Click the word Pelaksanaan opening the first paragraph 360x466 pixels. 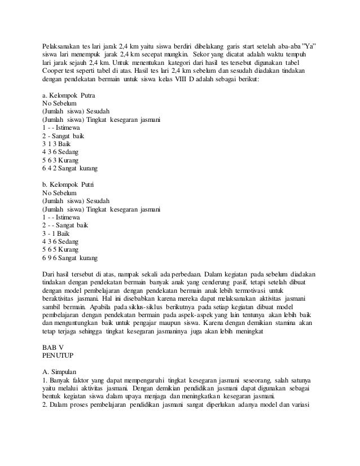coord(62,45)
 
